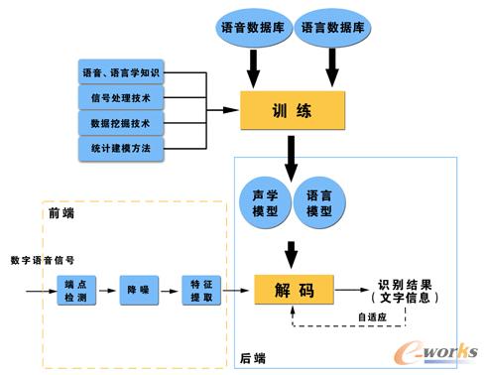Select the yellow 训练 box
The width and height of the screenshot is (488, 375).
pyautogui.click(x=292, y=110)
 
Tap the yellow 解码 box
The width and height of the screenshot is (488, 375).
pyautogui.click(x=293, y=291)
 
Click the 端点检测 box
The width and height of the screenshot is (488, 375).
pyautogui.click(x=76, y=291)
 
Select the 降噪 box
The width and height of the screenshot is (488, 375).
pyautogui.click(x=138, y=291)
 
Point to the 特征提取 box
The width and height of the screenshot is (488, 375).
pyautogui.click(x=200, y=291)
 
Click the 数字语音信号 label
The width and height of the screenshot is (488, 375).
pyautogui.click(x=43, y=260)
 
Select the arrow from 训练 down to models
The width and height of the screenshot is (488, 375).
pyautogui.click(x=292, y=155)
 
